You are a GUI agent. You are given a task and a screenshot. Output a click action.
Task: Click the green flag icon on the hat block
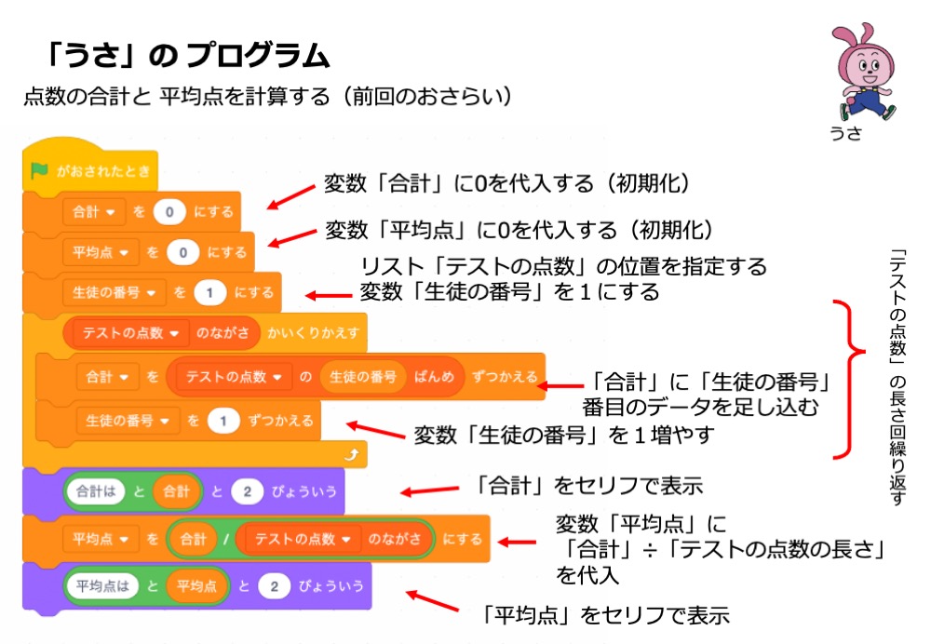pyautogui.click(x=39, y=170)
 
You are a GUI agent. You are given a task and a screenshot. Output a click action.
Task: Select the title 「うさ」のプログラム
pyautogui.click(x=187, y=56)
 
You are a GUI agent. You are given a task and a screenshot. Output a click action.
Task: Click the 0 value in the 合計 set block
pyautogui.click(x=169, y=211)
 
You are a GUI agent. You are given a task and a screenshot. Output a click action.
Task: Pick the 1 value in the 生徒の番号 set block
pyautogui.click(x=209, y=292)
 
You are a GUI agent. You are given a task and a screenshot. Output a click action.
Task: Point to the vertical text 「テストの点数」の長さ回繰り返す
pyautogui.click(x=898, y=376)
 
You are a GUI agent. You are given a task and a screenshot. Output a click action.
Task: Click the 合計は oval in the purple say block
pyautogui.click(x=95, y=490)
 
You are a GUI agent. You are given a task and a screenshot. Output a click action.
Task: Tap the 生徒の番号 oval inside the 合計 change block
pyautogui.click(x=362, y=377)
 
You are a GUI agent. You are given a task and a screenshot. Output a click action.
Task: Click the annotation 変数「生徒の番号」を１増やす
pyautogui.click(x=563, y=435)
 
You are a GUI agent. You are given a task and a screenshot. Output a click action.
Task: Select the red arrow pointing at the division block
pyautogui.click(x=518, y=541)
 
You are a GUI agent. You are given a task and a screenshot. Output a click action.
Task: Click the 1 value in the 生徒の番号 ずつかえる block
pyautogui.click(x=223, y=421)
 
